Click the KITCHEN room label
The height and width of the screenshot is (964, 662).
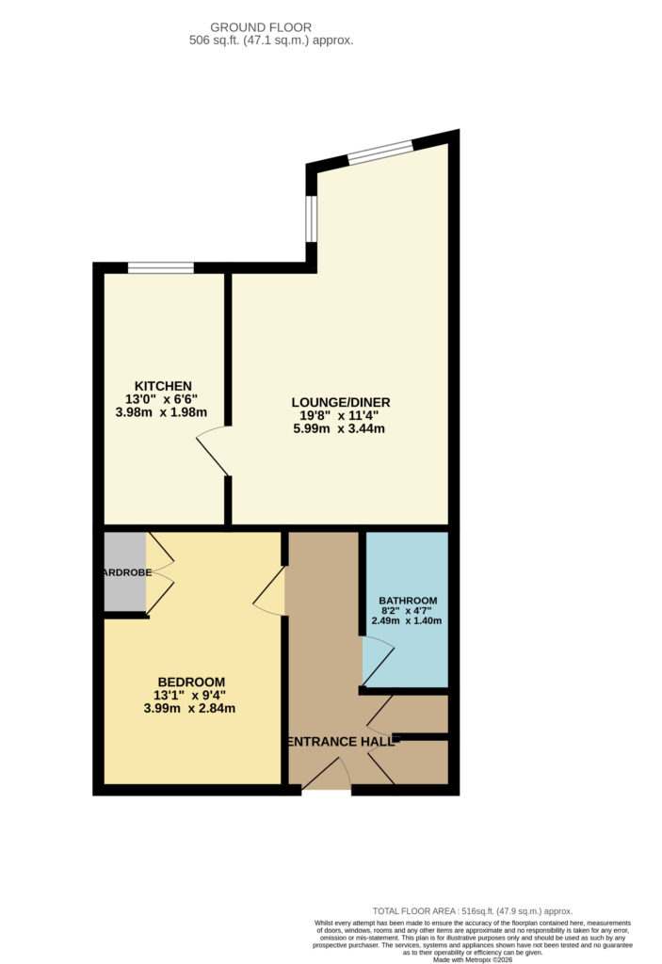click(163, 386)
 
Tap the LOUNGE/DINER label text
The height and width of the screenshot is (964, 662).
click(340, 402)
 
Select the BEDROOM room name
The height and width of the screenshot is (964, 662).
click(191, 682)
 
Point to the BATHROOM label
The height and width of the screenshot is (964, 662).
click(408, 601)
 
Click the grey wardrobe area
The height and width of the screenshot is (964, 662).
click(124, 572)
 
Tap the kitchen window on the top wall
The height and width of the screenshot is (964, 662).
click(160, 268)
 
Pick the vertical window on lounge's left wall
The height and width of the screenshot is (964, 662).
click(311, 218)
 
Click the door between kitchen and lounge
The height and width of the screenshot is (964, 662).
click(213, 451)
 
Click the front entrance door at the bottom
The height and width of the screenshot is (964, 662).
click(326, 777)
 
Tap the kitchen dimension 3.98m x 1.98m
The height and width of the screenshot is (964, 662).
click(161, 413)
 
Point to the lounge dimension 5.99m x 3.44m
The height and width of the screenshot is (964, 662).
click(340, 429)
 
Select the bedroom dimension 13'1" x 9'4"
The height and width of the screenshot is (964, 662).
click(191, 696)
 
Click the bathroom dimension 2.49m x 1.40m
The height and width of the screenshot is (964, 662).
click(408, 620)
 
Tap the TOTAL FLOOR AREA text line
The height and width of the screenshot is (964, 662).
click(473, 911)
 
